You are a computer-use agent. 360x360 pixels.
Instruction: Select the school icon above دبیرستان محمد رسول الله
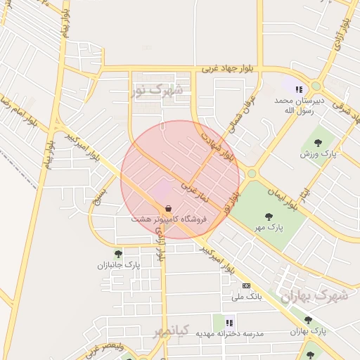(x=300, y=89)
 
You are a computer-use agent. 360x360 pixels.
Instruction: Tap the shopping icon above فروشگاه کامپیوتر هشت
(x=168, y=210)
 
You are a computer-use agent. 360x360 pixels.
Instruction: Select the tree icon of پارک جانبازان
(x=118, y=254)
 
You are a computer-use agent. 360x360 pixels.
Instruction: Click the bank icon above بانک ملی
(x=245, y=285)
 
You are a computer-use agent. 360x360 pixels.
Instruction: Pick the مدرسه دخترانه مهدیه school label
(x=229, y=333)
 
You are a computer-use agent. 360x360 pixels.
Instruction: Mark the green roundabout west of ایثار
(x=252, y=173)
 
